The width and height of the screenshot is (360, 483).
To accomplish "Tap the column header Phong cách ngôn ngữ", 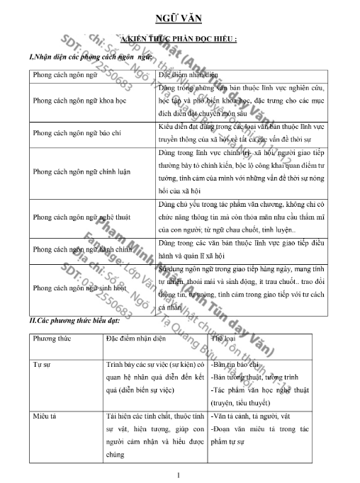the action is click(x=63, y=74).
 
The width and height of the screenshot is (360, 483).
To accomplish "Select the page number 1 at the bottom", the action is click(x=180, y=475).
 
